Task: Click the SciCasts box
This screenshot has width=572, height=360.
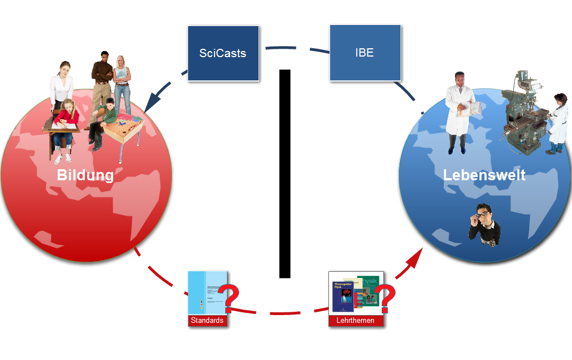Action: tap(223, 53)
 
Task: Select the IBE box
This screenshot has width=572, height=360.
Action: tap(365, 53)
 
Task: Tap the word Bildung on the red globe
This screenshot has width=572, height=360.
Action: tap(85, 175)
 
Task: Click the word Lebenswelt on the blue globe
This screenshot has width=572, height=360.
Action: tap(484, 175)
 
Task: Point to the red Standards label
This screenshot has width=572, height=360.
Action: tap(207, 321)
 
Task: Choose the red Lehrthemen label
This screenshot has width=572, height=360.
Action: tap(356, 321)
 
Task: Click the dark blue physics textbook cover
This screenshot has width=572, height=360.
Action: tap(343, 296)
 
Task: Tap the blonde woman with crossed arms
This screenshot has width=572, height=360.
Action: tap(122, 83)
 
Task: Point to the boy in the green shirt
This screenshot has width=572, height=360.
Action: tap(107, 119)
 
